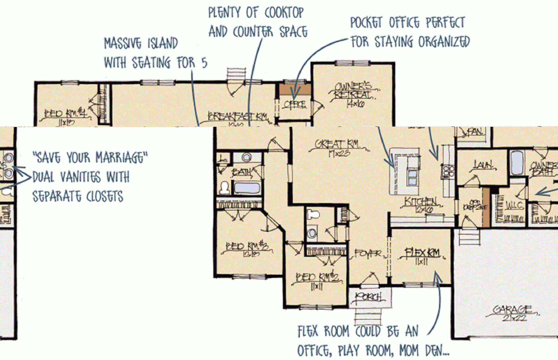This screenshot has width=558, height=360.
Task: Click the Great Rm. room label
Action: click(337, 144)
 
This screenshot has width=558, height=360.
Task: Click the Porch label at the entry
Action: click(368, 297)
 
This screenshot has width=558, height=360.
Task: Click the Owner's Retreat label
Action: click(353, 90)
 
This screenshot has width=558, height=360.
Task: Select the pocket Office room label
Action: click(294, 105)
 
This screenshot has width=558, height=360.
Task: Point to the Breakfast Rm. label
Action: click(237, 117)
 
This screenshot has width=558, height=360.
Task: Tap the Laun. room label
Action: click(483, 165)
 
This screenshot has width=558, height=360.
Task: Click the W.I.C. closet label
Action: click(514, 205)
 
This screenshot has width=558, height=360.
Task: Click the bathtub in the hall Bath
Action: click(247, 188)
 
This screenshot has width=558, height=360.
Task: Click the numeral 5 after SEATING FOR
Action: click(204, 63)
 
